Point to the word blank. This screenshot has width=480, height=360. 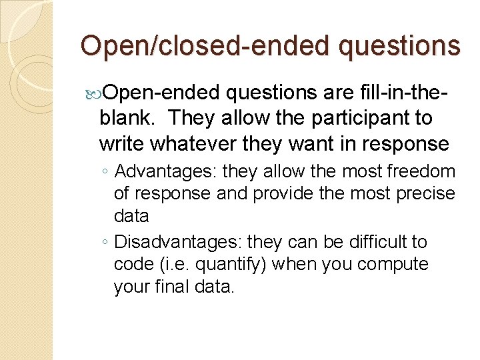(x=129, y=118)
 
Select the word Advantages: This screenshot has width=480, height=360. (x=166, y=172)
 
